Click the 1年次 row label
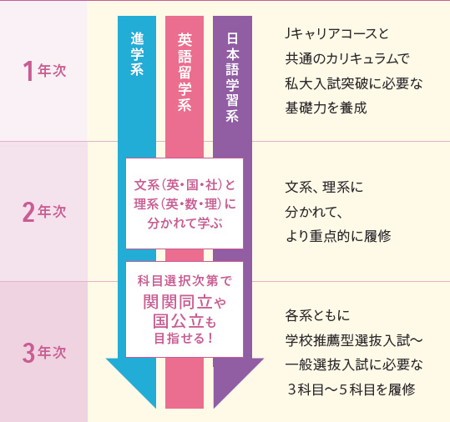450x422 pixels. click(x=44, y=71)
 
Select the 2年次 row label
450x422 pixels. click(x=44, y=212)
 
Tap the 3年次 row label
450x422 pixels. click(x=44, y=352)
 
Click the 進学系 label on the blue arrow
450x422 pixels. click(x=137, y=54)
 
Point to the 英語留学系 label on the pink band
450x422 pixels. click(x=185, y=72)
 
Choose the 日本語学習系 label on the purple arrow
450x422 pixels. click(x=232, y=78)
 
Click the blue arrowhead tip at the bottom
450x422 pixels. click(x=155, y=408)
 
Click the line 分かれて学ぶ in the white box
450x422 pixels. click(x=185, y=224)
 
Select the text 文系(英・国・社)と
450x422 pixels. click(x=185, y=185)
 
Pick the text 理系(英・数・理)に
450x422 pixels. click(x=185, y=204)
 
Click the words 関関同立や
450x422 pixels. click(x=185, y=302)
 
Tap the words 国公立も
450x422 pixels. click(x=185, y=321)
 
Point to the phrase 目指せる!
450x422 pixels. click(x=184, y=339)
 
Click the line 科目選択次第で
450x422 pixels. click(x=185, y=281)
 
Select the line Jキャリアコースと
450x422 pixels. click(x=336, y=34)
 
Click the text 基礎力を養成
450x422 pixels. click(x=326, y=108)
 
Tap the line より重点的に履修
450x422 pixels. click(x=338, y=236)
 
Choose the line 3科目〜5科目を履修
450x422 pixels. click(x=351, y=390)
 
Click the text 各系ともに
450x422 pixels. click(x=317, y=315)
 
